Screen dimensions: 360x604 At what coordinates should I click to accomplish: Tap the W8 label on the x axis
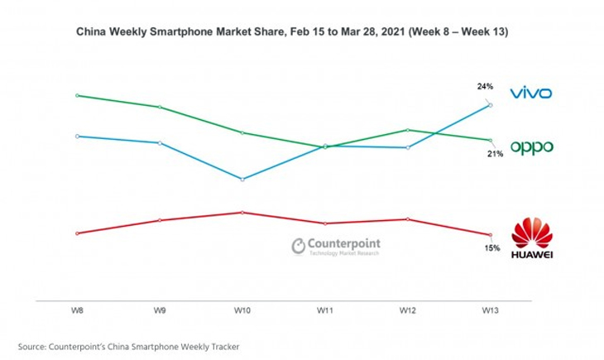click(76, 310)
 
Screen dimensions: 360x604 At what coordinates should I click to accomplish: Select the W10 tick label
click(242, 310)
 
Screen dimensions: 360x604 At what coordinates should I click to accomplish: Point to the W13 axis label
click(491, 310)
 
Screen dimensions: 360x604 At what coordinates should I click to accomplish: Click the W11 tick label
click(325, 310)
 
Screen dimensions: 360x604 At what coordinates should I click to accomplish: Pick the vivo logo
click(530, 93)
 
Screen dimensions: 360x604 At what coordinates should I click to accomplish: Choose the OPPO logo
click(531, 148)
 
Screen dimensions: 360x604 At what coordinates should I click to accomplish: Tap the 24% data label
click(485, 86)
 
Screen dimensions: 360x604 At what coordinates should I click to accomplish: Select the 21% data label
click(495, 154)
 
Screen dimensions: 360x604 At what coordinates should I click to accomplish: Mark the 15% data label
click(491, 248)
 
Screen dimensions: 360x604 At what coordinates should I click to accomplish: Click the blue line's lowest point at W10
click(242, 179)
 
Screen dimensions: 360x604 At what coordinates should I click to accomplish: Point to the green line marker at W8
click(77, 95)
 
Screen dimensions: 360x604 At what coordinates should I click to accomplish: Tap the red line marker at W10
click(242, 212)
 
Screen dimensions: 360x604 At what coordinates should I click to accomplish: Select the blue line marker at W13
click(491, 104)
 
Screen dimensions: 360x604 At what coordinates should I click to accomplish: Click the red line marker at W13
click(491, 235)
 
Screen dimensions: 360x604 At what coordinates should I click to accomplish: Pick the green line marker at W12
click(408, 129)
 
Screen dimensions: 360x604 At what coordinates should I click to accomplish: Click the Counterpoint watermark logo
click(336, 247)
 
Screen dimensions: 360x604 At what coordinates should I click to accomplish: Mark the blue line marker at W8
click(77, 136)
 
